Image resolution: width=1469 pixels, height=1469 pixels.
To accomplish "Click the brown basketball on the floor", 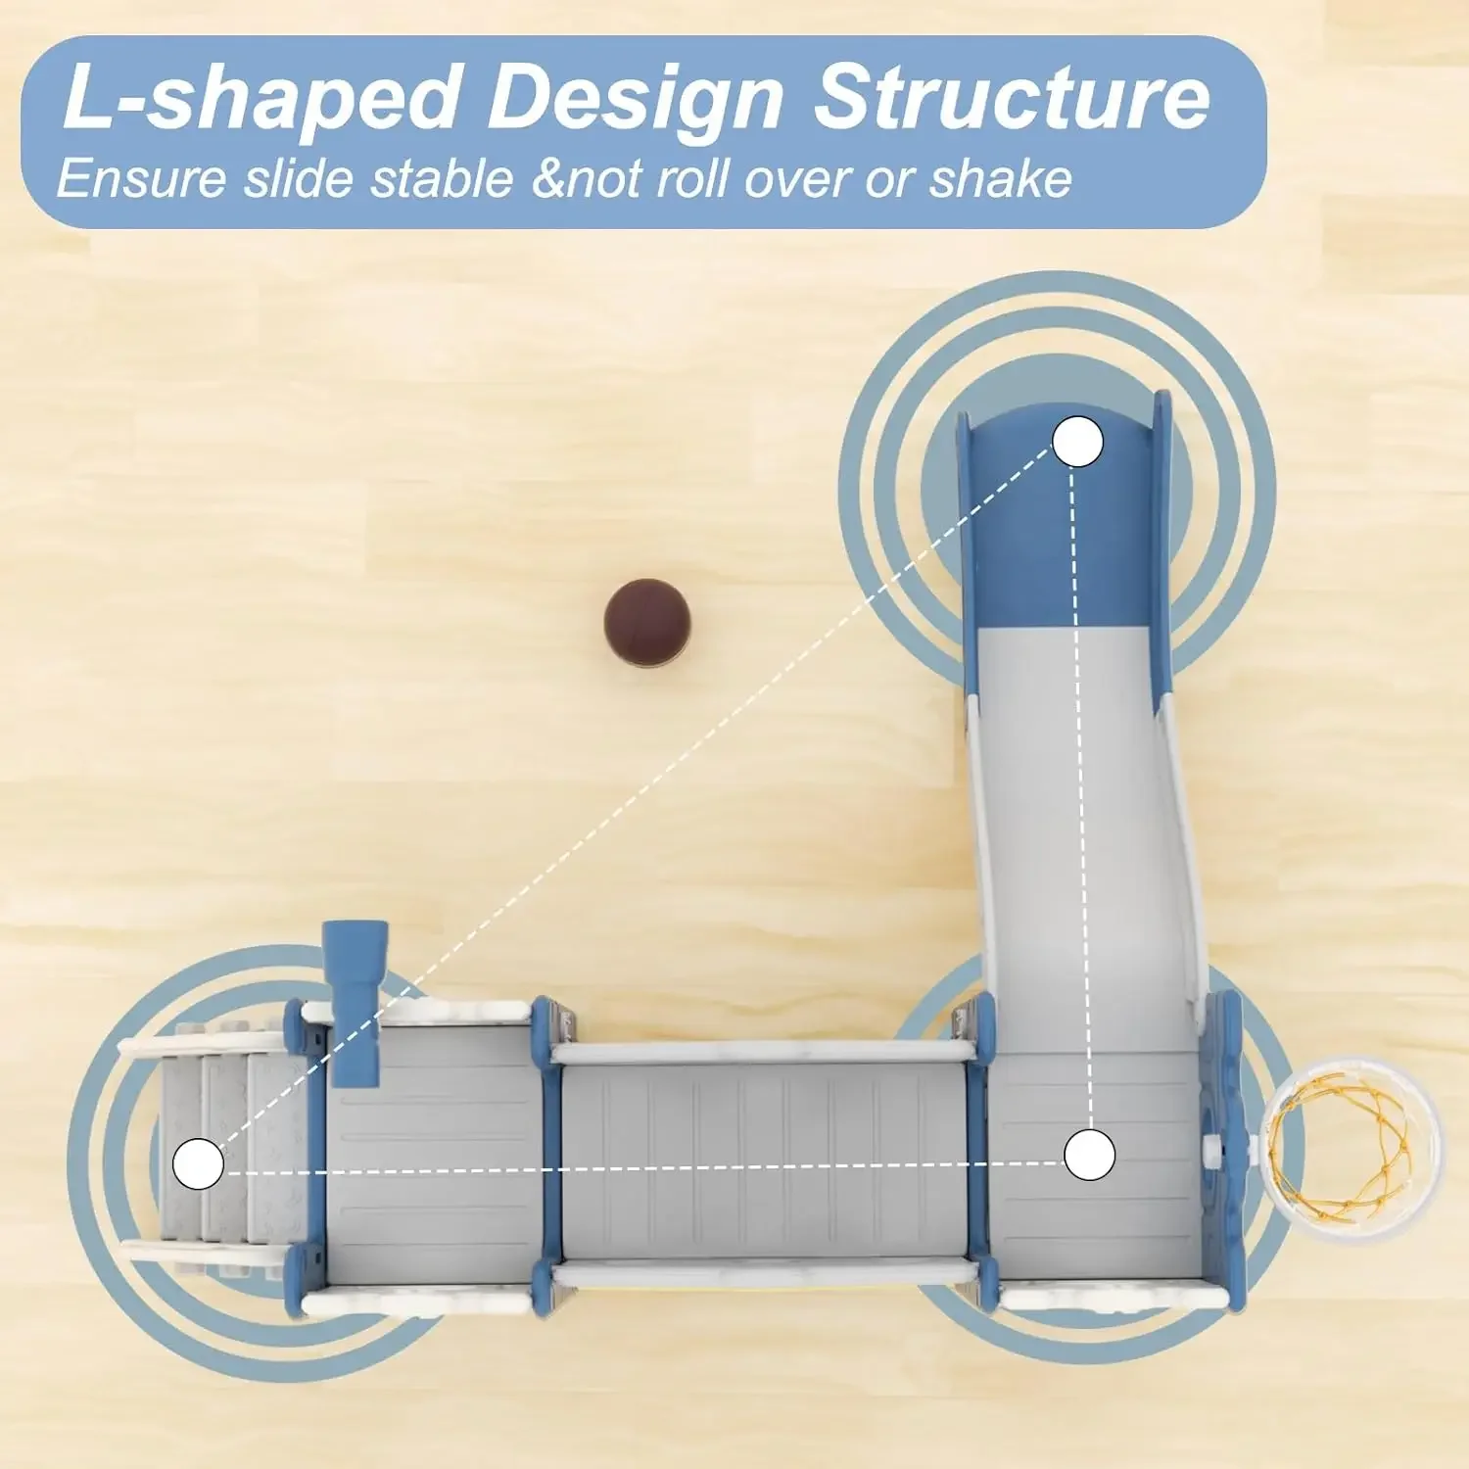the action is point(646,624).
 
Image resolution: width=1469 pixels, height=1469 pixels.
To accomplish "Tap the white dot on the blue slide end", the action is point(1078,442).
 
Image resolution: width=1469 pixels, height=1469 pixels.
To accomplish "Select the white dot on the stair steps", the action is point(198,1163).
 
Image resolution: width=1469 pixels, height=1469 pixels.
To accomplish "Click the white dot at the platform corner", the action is point(1089,1155).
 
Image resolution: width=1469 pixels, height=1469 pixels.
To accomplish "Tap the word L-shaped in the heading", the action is point(261,98).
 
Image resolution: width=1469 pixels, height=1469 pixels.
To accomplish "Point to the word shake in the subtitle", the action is point(1001,179).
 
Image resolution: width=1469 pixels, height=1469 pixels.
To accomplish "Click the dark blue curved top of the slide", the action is point(1063,529).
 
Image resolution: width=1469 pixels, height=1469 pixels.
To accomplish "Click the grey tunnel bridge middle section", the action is point(764,1161).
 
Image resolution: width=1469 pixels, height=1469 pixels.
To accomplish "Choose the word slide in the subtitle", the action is point(299,179).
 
